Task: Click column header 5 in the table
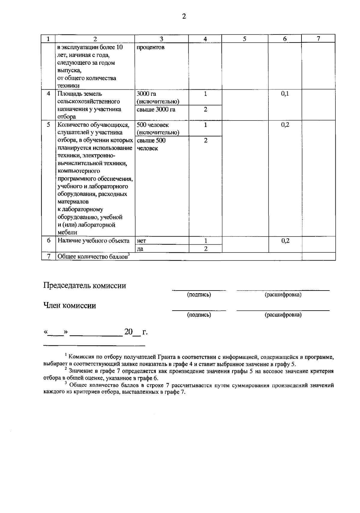[x=244, y=39]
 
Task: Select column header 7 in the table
[x=318, y=38]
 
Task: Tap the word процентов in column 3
[x=150, y=47]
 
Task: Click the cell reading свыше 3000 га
[x=156, y=109]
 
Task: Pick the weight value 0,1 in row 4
[x=285, y=94]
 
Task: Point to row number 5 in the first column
[x=48, y=125]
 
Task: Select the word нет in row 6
[x=141, y=241]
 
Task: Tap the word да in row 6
[x=140, y=249]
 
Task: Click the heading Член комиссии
[x=70, y=306]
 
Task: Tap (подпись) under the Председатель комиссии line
[x=199, y=295]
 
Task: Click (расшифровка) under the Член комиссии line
[x=283, y=315]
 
